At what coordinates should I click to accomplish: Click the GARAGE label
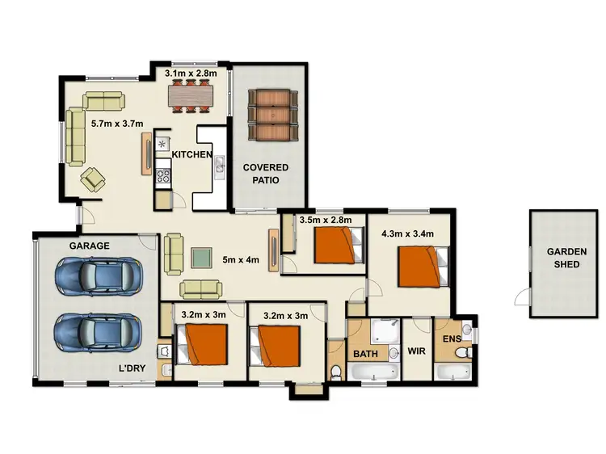pos(89,245)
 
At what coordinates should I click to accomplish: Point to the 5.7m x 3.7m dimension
pos(117,124)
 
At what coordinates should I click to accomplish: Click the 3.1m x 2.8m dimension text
pos(191,74)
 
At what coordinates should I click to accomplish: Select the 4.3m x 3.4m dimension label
pos(407,234)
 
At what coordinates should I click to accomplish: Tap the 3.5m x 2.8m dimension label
pos(326,219)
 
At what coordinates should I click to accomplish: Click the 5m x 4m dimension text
pos(240,261)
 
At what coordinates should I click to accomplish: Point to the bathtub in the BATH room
pos(373,372)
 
